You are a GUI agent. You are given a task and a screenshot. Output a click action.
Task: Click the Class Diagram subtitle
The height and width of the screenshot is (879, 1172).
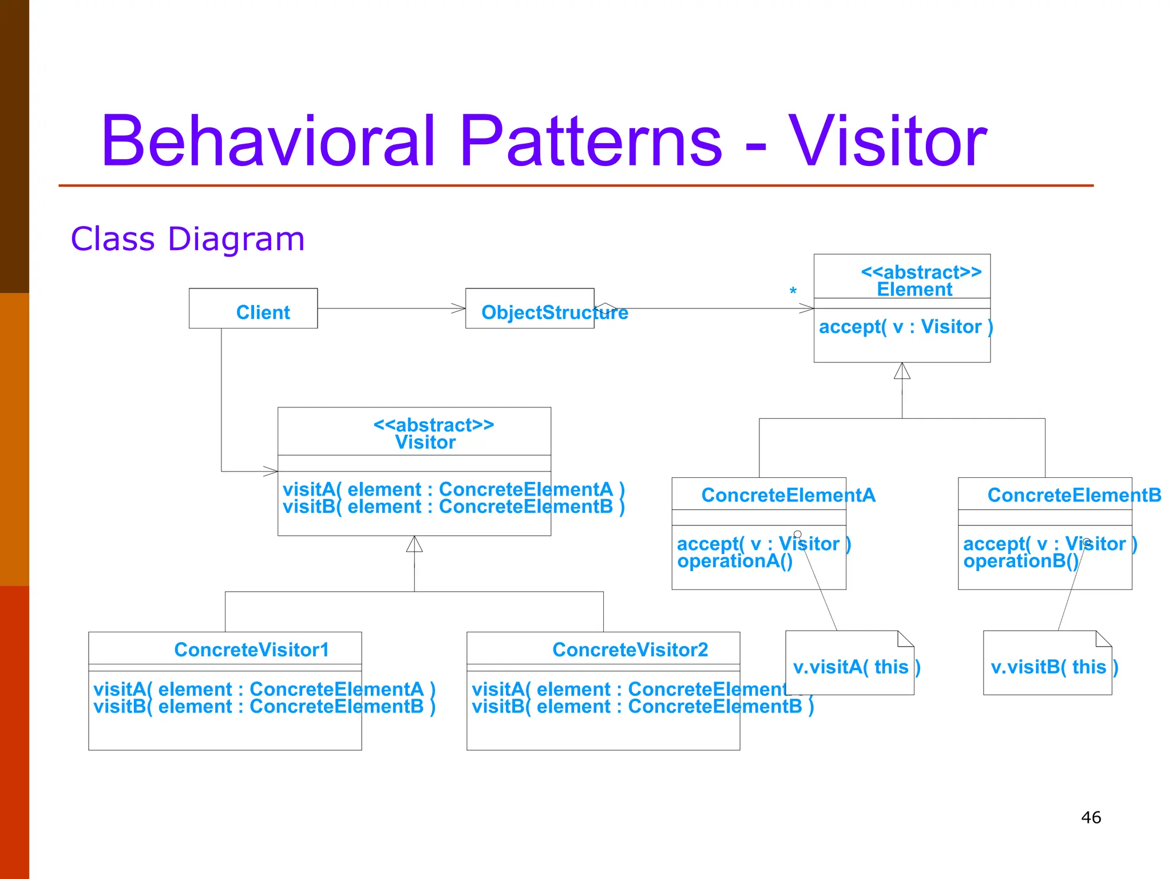188,239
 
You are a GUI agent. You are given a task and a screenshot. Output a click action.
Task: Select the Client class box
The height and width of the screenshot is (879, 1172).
254,309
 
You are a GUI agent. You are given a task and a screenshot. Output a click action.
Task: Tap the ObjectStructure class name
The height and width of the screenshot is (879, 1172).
554,312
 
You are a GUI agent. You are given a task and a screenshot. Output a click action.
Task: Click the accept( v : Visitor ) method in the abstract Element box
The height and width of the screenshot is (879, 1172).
905,327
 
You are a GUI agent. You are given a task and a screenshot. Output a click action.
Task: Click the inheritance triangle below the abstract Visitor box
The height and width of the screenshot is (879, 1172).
414,544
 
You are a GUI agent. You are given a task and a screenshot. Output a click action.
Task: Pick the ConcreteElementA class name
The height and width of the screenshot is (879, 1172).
788,495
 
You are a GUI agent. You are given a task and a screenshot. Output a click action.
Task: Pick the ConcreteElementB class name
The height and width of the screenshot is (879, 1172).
1074,495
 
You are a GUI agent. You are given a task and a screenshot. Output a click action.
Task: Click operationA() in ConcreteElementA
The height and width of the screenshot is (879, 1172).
735,561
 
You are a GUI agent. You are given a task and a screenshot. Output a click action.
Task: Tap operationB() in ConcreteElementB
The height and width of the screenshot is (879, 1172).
1020,561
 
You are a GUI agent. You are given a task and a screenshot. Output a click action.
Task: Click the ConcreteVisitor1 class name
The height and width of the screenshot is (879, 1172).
252,650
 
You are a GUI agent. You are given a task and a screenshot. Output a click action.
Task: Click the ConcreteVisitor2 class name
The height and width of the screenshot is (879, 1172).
630,650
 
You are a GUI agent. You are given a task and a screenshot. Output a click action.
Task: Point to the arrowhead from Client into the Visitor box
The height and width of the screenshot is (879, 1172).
271,472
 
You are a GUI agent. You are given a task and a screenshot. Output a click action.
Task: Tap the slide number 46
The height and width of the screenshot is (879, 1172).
1091,817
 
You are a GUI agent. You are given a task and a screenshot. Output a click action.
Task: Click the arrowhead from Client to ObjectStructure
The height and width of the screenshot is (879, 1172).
459,308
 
